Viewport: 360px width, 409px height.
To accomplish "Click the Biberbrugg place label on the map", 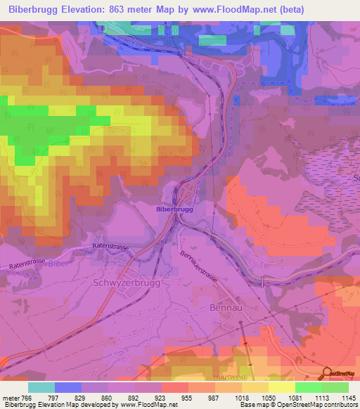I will (175, 209).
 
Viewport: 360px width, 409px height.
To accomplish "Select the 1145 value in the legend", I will (348, 397).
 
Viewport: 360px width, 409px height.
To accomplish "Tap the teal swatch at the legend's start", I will (41, 387).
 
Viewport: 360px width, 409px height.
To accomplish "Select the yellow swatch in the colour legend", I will (281, 387).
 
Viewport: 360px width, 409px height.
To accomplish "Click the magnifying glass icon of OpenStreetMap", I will (328, 374).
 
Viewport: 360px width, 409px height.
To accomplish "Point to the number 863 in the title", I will (124, 10).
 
